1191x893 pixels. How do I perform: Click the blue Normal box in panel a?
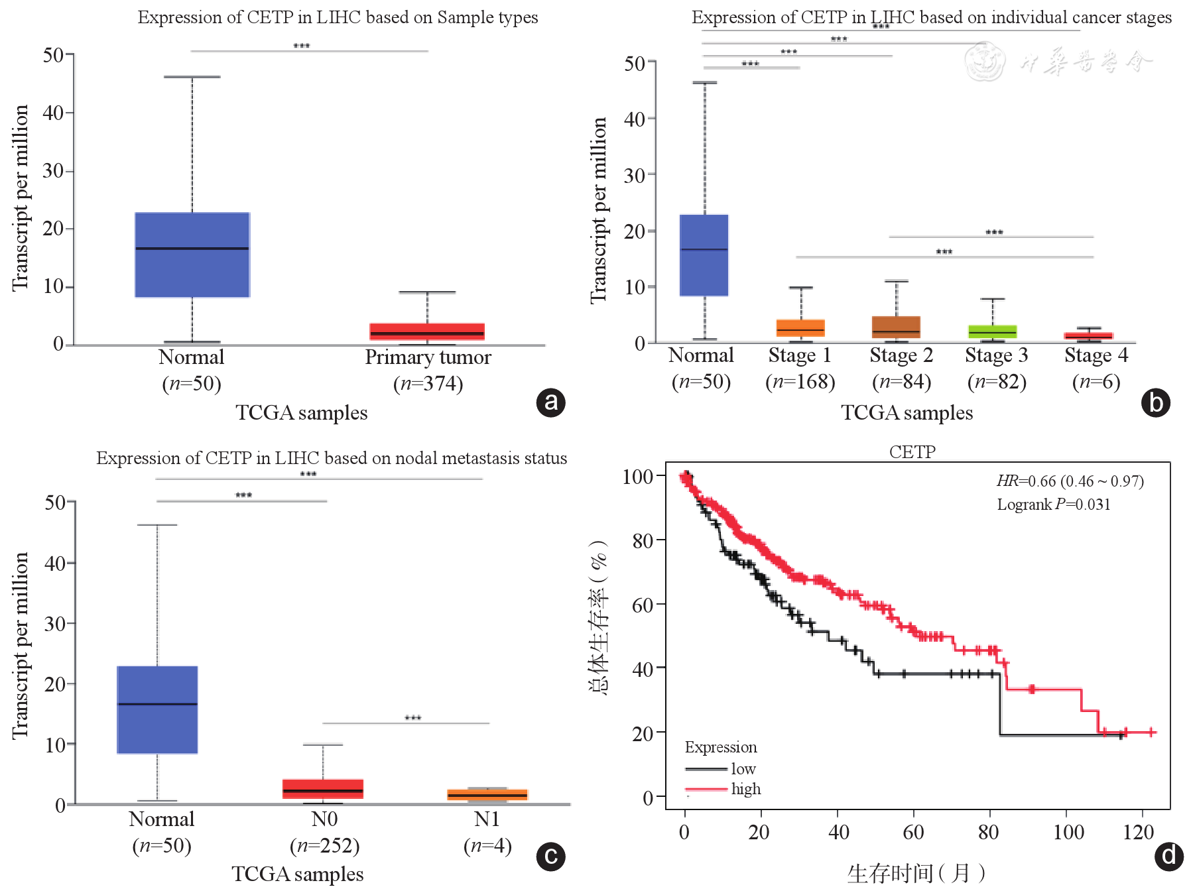point(192,255)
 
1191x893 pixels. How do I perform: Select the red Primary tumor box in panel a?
point(427,331)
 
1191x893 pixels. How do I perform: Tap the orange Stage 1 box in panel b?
point(800,327)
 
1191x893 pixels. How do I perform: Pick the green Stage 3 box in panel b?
point(992,331)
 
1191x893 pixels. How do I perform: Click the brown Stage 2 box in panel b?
point(896,327)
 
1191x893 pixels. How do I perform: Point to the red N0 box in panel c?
point(323,789)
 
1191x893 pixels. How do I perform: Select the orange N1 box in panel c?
point(487,795)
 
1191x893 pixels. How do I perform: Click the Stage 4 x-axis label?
point(1096,355)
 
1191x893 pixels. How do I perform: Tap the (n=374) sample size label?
point(428,384)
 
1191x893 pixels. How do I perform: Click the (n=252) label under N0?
point(324,846)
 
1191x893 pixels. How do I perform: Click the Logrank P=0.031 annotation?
point(1053,505)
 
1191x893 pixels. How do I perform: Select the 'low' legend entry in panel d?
point(743,769)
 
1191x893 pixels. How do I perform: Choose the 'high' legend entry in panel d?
point(746,789)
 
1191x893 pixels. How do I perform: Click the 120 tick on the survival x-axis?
point(1138,833)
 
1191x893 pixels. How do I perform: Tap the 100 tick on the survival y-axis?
point(638,476)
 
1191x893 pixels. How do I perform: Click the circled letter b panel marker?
point(1156,402)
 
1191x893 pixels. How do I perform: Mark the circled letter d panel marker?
point(1168,856)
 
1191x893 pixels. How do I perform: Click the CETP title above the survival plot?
point(912,452)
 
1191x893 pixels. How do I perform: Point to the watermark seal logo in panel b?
point(984,62)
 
